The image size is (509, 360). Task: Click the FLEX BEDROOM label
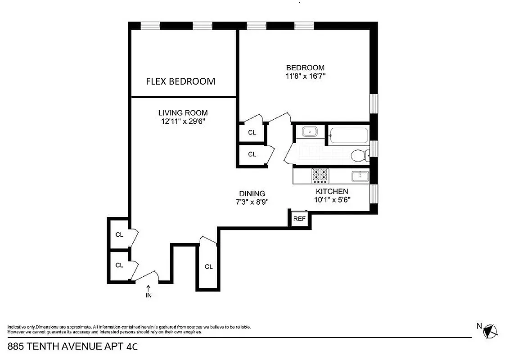pyautogui.click(x=180, y=81)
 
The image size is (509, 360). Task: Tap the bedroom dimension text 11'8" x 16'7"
pyautogui.click(x=305, y=76)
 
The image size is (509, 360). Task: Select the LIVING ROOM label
pyautogui.click(x=183, y=113)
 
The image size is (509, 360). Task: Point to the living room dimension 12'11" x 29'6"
pyautogui.click(x=183, y=121)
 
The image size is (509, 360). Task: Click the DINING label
pyautogui.click(x=252, y=193)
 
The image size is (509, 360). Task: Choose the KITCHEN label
pyautogui.click(x=332, y=191)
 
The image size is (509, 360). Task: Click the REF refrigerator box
pyautogui.click(x=299, y=219)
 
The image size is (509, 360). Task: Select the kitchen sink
pyautogui.click(x=360, y=175)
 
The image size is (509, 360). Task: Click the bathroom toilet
pyautogui.click(x=359, y=156)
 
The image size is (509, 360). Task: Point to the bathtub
pyautogui.click(x=349, y=135)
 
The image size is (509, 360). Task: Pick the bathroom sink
pyautogui.click(x=310, y=132)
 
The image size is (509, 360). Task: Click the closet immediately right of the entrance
pyautogui.click(x=208, y=266)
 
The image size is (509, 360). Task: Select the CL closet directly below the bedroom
pyautogui.click(x=252, y=132)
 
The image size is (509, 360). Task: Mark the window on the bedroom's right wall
pyautogui.click(x=374, y=103)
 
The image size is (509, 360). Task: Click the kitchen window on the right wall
pyautogui.click(x=374, y=193)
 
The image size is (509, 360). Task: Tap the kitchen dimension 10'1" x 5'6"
pyautogui.click(x=332, y=199)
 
